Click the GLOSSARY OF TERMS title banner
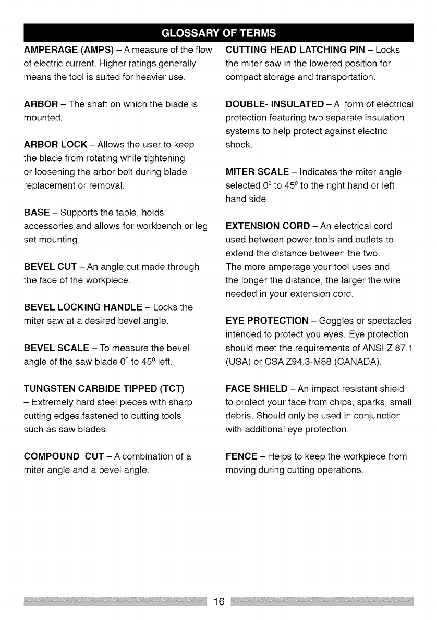pyautogui.click(x=218, y=32)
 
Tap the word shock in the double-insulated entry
pyautogui.click(x=238, y=145)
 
